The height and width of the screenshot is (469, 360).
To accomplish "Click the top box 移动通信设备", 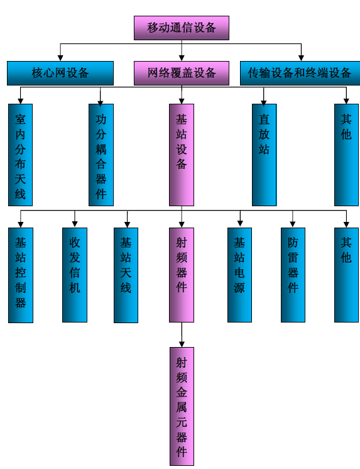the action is tap(182, 28).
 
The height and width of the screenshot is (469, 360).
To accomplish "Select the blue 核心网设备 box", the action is tap(60, 74).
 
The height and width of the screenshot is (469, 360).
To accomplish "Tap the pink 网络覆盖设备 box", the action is tap(182, 74).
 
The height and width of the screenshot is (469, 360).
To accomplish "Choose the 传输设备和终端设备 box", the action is tap(300, 74).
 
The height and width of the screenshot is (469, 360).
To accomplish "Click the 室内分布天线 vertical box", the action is tap(20, 155).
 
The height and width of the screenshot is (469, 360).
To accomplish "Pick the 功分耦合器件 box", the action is tap(101, 155).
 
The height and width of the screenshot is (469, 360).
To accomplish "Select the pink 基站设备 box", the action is tap(182, 155).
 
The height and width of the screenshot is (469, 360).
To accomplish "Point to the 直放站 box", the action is tap(264, 155).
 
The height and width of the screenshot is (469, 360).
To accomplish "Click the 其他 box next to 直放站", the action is tap(346, 155).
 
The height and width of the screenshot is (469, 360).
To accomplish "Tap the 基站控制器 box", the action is tap(21, 275).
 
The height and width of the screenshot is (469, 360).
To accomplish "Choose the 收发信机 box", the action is tap(75, 275).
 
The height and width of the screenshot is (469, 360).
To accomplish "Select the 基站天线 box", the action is tap(126, 275).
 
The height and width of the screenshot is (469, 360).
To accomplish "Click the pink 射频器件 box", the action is tap(182, 275).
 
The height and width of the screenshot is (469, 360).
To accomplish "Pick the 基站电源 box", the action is tap(239, 275).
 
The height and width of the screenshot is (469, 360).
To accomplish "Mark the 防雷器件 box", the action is tap(293, 275).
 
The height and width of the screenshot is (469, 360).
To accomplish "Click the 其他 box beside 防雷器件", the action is tap(346, 275).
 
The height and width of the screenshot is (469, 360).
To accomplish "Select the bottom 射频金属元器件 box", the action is tap(182, 406).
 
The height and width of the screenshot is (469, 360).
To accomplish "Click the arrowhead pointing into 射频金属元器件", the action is tap(182, 344).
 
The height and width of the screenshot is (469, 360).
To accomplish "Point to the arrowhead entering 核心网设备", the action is tap(60, 58).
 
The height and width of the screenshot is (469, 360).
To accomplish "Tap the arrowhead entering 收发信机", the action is tap(75, 224).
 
